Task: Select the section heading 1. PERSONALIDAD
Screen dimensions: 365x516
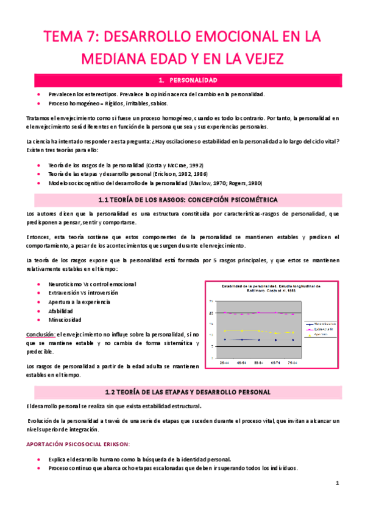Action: (x=183, y=80)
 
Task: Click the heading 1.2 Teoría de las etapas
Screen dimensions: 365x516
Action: (x=183, y=392)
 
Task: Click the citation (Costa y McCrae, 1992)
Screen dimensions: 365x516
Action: (x=175, y=165)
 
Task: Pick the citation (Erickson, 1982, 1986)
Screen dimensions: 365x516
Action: (x=180, y=174)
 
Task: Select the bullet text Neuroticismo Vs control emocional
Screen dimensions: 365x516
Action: (x=92, y=284)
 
